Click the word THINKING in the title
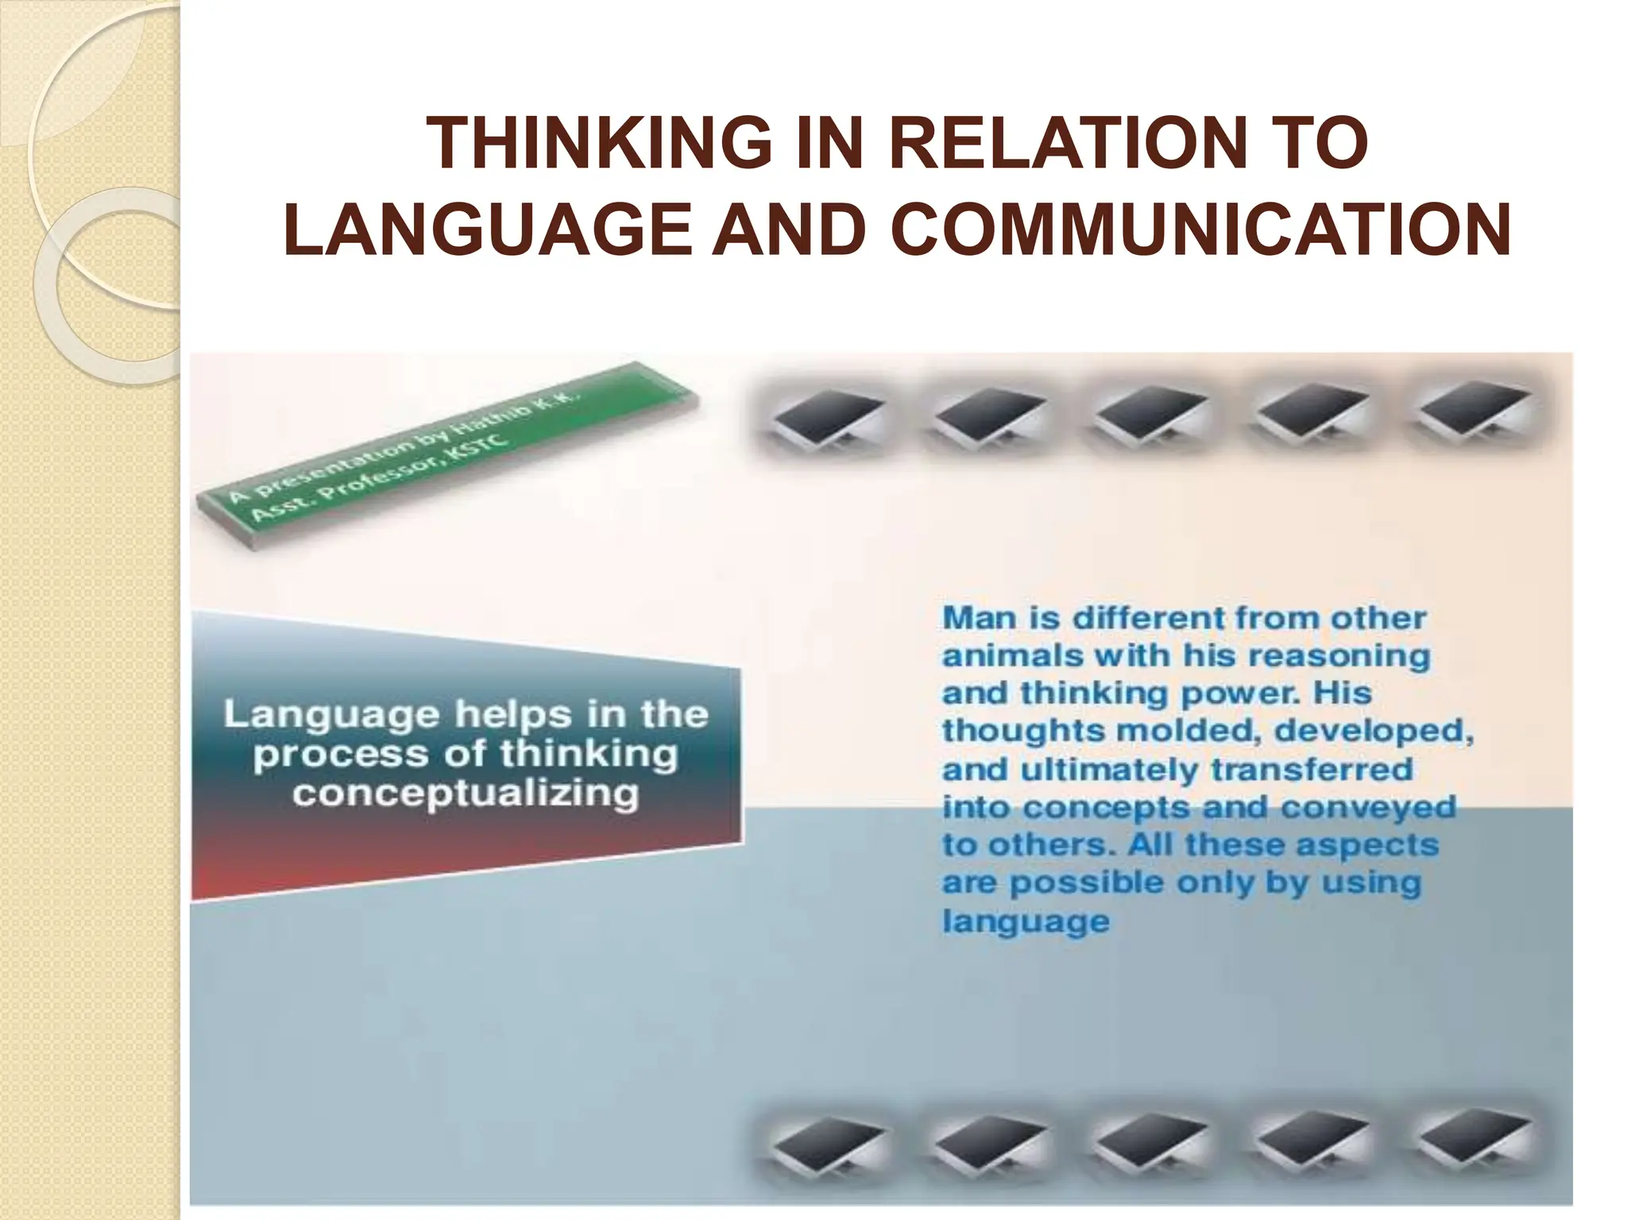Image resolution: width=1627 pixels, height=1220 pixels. click(599, 143)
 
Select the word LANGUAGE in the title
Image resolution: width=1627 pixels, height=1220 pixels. click(489, 229)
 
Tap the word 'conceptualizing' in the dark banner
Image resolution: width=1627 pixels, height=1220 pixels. click(466, 793)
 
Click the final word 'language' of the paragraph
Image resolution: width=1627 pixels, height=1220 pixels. click(1026, 921)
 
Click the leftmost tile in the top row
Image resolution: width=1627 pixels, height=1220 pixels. click(827, 418)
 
